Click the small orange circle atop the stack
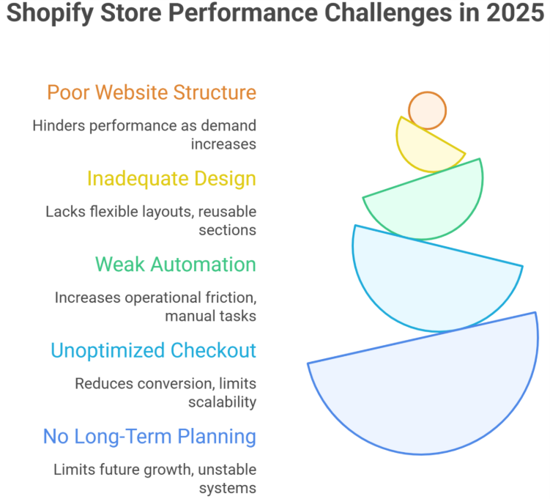(x=427, y=111)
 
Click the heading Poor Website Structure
(x=152, y=92)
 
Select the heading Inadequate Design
(x=171, y=178)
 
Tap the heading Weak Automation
(x=176, y=264)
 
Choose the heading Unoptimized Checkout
(x=153, y=350)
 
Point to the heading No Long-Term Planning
(x=149, y=437)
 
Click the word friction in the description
(x=232, y=297)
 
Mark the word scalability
(x=222, y=402)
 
